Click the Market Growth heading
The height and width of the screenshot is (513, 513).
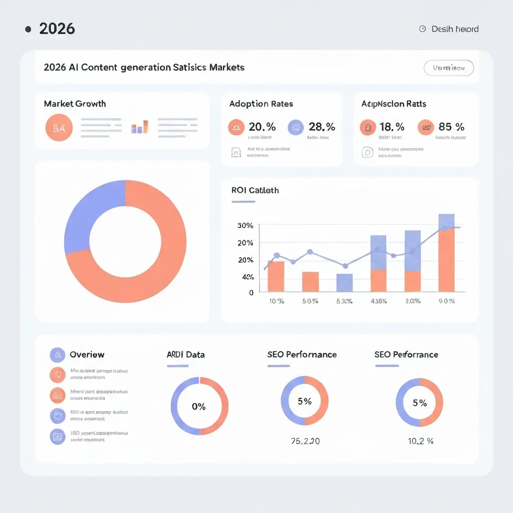click(75, 104)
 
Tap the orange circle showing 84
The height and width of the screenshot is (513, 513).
click(59, 128)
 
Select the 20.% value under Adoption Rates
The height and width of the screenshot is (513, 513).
click(262, 127)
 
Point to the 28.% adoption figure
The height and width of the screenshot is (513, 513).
click(322, 127)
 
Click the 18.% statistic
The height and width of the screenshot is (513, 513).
click(392, 127)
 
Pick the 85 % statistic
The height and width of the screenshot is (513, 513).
click(451, 127)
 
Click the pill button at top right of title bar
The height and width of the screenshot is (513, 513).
click(448, 68)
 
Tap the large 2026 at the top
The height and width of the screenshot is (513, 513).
click(57, 29)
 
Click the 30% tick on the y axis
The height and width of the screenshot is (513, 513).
click(245, 225)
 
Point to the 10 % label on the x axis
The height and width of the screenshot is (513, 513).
click(277, 301)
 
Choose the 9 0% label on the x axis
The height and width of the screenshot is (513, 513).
click(446, 301)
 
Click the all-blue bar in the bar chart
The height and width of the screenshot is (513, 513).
click(344, 283)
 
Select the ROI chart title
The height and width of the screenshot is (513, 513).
click(255, 190)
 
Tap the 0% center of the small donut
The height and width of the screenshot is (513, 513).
click(199, 406)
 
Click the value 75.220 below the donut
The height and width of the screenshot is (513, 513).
click(305, 441)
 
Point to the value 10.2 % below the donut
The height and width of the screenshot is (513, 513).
click(420, 441)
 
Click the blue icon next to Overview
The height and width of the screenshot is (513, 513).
click(58, 355)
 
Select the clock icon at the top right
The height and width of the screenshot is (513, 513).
click(422, 29)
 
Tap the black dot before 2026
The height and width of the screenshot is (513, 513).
click(28, 29)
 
